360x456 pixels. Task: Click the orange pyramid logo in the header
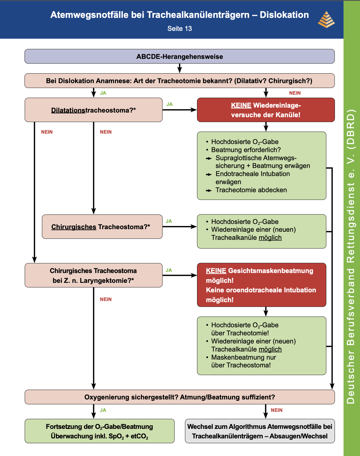[x=326, y=20]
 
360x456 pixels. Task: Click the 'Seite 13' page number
[x=180, y=28]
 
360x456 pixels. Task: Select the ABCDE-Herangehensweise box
[x=180, y=56]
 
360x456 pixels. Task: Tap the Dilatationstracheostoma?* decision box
[x=93, y=110]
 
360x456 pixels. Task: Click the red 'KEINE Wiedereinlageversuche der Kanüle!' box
[x=266, y=110]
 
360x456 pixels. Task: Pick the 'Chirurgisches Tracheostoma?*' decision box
[x=102, y=227]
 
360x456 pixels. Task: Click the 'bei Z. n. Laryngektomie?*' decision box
[x=93, y=275]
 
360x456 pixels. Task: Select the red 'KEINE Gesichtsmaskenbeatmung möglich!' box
[x=262, y=285]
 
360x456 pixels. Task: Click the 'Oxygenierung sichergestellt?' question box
[x=180, y=397]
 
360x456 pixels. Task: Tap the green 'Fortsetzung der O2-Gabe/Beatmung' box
[x=100, y=431]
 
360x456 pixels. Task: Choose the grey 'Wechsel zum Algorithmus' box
[x=260, y=431]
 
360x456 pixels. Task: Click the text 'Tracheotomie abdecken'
[x=251, y=190]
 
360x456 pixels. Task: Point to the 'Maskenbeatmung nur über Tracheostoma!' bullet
[x=241, y=361]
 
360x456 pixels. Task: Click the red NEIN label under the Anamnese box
[x=295, y=93]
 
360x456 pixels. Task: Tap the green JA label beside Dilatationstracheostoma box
[x=169, y=104]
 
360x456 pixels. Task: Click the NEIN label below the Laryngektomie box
[x=106, y=299]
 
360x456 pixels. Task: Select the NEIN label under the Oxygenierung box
[x=277, y=410]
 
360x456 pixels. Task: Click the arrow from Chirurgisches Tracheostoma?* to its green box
[x=180, y=227]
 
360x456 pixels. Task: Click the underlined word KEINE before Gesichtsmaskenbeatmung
[x=216, y=271]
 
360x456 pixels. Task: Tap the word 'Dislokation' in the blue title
[x=284, y=15]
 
